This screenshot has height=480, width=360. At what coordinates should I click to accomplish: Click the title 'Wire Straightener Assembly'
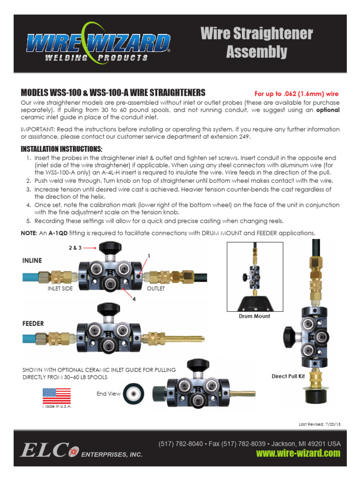tap(256, 43)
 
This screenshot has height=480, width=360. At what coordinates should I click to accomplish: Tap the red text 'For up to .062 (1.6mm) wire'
tap(296, 94)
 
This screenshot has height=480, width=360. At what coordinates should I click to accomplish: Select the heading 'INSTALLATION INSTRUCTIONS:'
tap(61, 150)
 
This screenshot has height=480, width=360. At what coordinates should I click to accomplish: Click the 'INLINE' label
tap(32, 260)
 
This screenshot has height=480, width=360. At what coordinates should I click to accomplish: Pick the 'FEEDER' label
tap(33, 324)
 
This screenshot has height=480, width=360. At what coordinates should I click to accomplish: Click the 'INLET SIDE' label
tap(60, 289)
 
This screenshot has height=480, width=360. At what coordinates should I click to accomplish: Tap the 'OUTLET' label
tap(156, 289)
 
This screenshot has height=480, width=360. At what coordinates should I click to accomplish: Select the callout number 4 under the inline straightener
tap(134, 300)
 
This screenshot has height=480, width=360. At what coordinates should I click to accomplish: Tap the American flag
tap(57, 396)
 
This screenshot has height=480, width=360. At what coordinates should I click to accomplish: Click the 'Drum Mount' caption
tap(255, 316)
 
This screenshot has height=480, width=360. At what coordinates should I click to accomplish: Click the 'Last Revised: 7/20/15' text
tap(319, 424)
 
